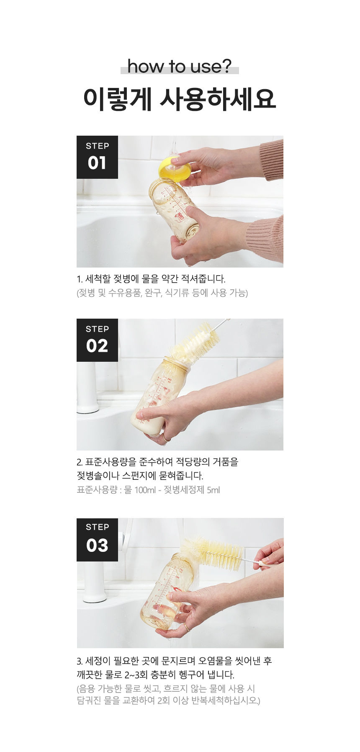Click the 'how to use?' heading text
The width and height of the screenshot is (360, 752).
180,67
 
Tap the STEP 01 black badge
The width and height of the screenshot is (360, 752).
97,157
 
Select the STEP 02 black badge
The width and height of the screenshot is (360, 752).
97,340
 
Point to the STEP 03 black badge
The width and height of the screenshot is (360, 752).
97,539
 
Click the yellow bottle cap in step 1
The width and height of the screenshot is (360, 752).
175,167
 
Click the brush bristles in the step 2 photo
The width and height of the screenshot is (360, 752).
194,340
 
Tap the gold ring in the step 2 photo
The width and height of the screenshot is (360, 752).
166,438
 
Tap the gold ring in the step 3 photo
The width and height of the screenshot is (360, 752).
186,627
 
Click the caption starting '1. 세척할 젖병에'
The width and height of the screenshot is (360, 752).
151,279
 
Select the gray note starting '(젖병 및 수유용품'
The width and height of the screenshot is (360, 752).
162,293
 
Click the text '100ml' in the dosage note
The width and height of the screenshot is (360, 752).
145,490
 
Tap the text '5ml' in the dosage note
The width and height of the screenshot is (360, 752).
213,490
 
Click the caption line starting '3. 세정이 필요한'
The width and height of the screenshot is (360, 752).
174,661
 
